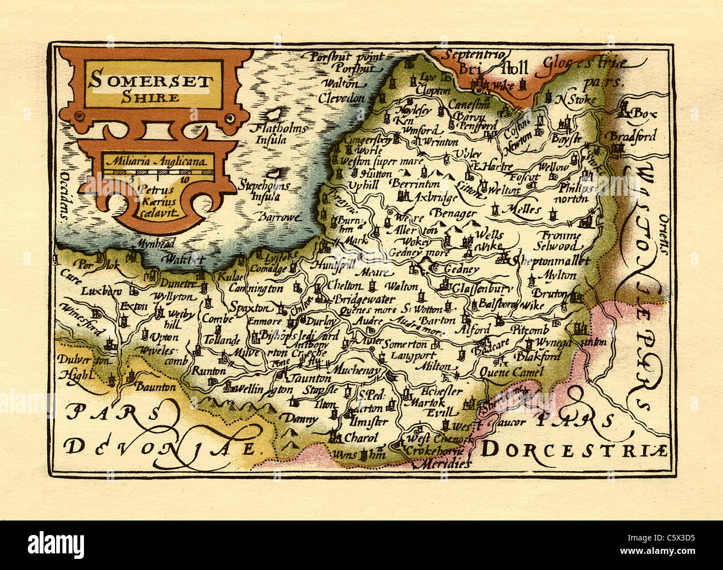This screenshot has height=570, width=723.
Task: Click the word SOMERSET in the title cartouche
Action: coord(150,81)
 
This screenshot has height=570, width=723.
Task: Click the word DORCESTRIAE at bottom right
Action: coord(573,449)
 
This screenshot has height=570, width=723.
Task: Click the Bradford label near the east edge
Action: coord(633,136)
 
